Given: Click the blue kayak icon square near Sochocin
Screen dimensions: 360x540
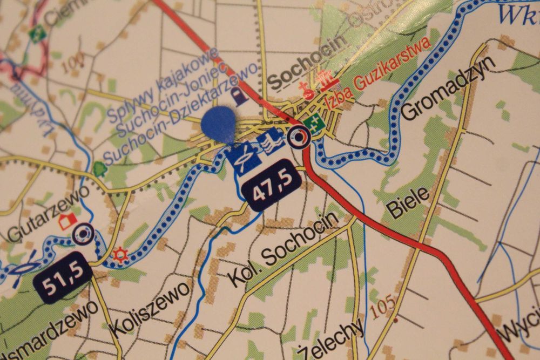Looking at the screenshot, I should (242, 157).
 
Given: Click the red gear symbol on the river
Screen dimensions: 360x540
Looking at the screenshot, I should (119, 255).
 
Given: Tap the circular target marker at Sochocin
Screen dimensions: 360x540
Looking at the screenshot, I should (298, 138).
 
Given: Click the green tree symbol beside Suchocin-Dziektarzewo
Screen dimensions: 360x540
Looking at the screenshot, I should (98, 169).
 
